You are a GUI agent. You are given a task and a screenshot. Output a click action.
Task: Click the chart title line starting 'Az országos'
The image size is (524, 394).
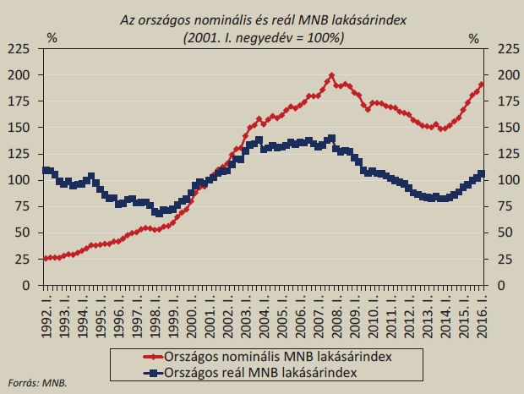tap(263, 20)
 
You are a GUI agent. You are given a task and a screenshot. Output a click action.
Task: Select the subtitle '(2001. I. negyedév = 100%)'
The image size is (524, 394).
tap(263, 37)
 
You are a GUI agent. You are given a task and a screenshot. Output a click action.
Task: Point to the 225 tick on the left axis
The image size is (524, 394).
tap(19, 53)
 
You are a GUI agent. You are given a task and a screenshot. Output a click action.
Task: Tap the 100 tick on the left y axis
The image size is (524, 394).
tap(19, 180)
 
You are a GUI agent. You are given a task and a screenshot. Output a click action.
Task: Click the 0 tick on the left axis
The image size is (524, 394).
tap(26, 285)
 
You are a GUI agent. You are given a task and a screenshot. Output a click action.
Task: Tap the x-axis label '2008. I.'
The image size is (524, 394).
tap(336, 310)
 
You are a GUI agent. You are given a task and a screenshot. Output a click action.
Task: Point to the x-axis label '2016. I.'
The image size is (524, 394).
tap(483, 310)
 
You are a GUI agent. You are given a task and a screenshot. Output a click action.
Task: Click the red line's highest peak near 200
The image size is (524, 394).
tap(331, 75)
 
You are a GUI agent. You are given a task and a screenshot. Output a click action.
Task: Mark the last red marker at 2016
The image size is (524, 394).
tap(482, 85)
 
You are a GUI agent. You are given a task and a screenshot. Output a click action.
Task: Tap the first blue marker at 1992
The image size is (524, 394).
tap(45, 171)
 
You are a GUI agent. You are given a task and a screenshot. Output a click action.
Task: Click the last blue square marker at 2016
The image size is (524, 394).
tap(482, 174)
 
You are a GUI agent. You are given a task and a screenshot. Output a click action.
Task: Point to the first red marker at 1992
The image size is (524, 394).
tap(45, 258)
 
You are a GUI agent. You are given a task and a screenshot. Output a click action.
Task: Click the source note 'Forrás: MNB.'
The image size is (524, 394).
tap(36, 382)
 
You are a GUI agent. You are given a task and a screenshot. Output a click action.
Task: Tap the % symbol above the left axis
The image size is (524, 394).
tap(52, 38)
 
